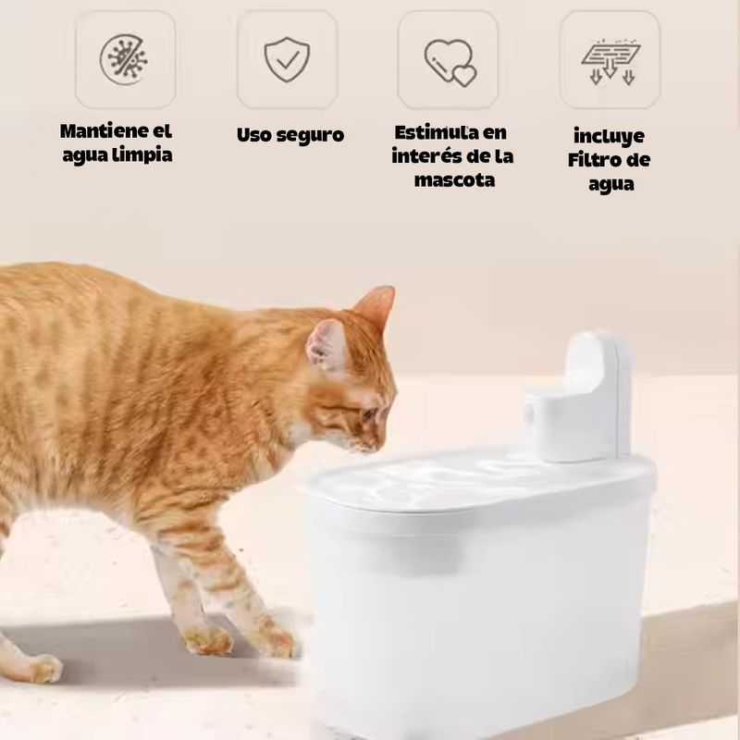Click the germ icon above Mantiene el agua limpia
coord(124,60)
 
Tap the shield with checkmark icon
coord(287,59)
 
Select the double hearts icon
coord(450,62)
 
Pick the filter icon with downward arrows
coord(610,62)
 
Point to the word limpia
coord(144,154)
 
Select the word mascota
coord(455,180)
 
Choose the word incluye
coord(609,137)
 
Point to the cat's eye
coord(368,414)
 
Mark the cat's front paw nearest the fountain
coord(277,641)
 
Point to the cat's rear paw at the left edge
coord(43,667)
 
